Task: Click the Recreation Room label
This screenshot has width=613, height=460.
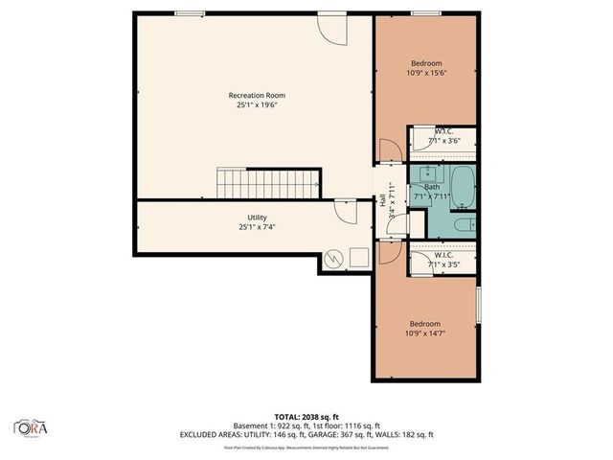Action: [x=256, y=95]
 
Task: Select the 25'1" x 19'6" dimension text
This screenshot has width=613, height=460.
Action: [x=256, y=105]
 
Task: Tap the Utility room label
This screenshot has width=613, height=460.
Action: [x=256, y=218]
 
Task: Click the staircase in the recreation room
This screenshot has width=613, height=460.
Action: [x=269, y=182]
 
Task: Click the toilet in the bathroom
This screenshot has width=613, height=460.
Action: [x=465, y=225]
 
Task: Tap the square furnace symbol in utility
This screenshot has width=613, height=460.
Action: [x=359, y=257]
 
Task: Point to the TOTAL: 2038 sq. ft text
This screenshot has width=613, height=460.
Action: [x=306, y=415]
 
